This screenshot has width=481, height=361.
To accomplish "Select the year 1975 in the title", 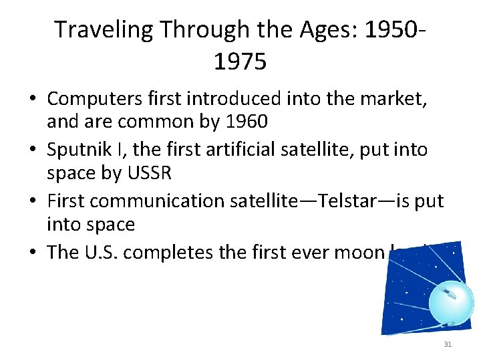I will tap(240, 62).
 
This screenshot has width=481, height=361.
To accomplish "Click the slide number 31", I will tap(447, 344).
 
